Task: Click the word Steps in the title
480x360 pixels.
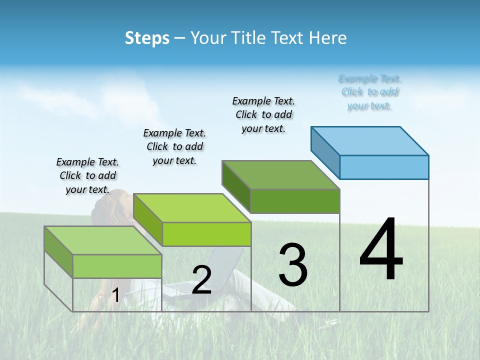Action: pos(147,38)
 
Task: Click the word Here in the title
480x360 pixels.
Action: pos(328,38)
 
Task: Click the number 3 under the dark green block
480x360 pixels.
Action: pos(292,265)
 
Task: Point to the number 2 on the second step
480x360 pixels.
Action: pos(201,280)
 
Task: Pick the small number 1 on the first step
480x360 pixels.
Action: pos(115,295)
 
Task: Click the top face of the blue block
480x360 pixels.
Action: pos(370,140)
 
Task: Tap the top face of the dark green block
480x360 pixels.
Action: pos(281,175)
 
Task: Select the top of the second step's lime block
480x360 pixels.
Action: pos(192,208)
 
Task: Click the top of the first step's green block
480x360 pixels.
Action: pos(103,240)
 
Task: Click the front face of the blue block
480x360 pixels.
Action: pos(384,167)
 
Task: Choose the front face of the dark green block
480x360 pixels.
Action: pos(295,201)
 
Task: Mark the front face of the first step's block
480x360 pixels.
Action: pos(117,266)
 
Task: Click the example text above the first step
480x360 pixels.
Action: pos(87,175)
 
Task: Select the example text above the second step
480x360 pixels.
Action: pos(174,146)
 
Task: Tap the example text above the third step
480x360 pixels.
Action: pos(263,114)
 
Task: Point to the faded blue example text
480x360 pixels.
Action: pos(370,92)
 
